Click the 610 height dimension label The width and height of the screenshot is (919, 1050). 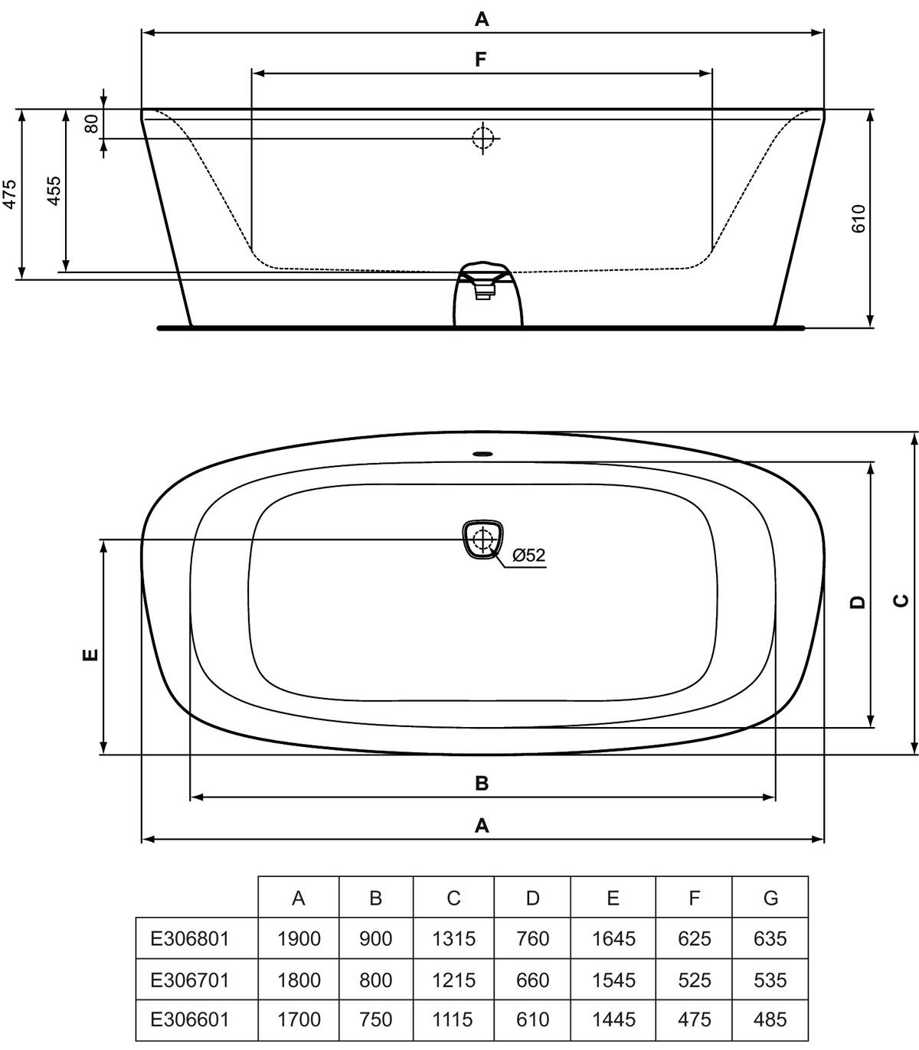click(858, 219)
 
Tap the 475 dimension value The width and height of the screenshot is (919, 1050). click(10, 194)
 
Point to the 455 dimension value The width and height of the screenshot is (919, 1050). click(54, 191)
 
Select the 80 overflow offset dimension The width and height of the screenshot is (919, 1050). click(91, 124)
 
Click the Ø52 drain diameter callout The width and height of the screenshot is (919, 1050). click(529, 555)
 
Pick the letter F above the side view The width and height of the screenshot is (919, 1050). click(480, 60)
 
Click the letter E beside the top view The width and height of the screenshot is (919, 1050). click(90, 654)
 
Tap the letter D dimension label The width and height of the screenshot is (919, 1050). click(858, 602)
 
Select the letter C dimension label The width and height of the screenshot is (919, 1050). click(901, 600)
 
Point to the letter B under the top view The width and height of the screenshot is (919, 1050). click(482, 783)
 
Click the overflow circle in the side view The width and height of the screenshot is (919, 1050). click(482, 138)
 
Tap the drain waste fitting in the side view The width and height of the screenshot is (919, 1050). click(488, 295)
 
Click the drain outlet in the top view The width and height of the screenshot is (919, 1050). click(482, 540)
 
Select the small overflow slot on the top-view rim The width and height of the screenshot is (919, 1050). click(482, 453)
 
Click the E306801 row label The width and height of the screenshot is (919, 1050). click(189, 938)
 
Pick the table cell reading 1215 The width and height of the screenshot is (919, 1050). click(454, 980)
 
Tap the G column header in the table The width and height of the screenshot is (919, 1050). click(770, 898)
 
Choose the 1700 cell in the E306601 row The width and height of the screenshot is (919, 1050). click(299, 1019)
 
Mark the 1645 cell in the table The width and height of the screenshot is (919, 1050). click(613, 938)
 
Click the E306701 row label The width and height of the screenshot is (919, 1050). click(189, 980)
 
